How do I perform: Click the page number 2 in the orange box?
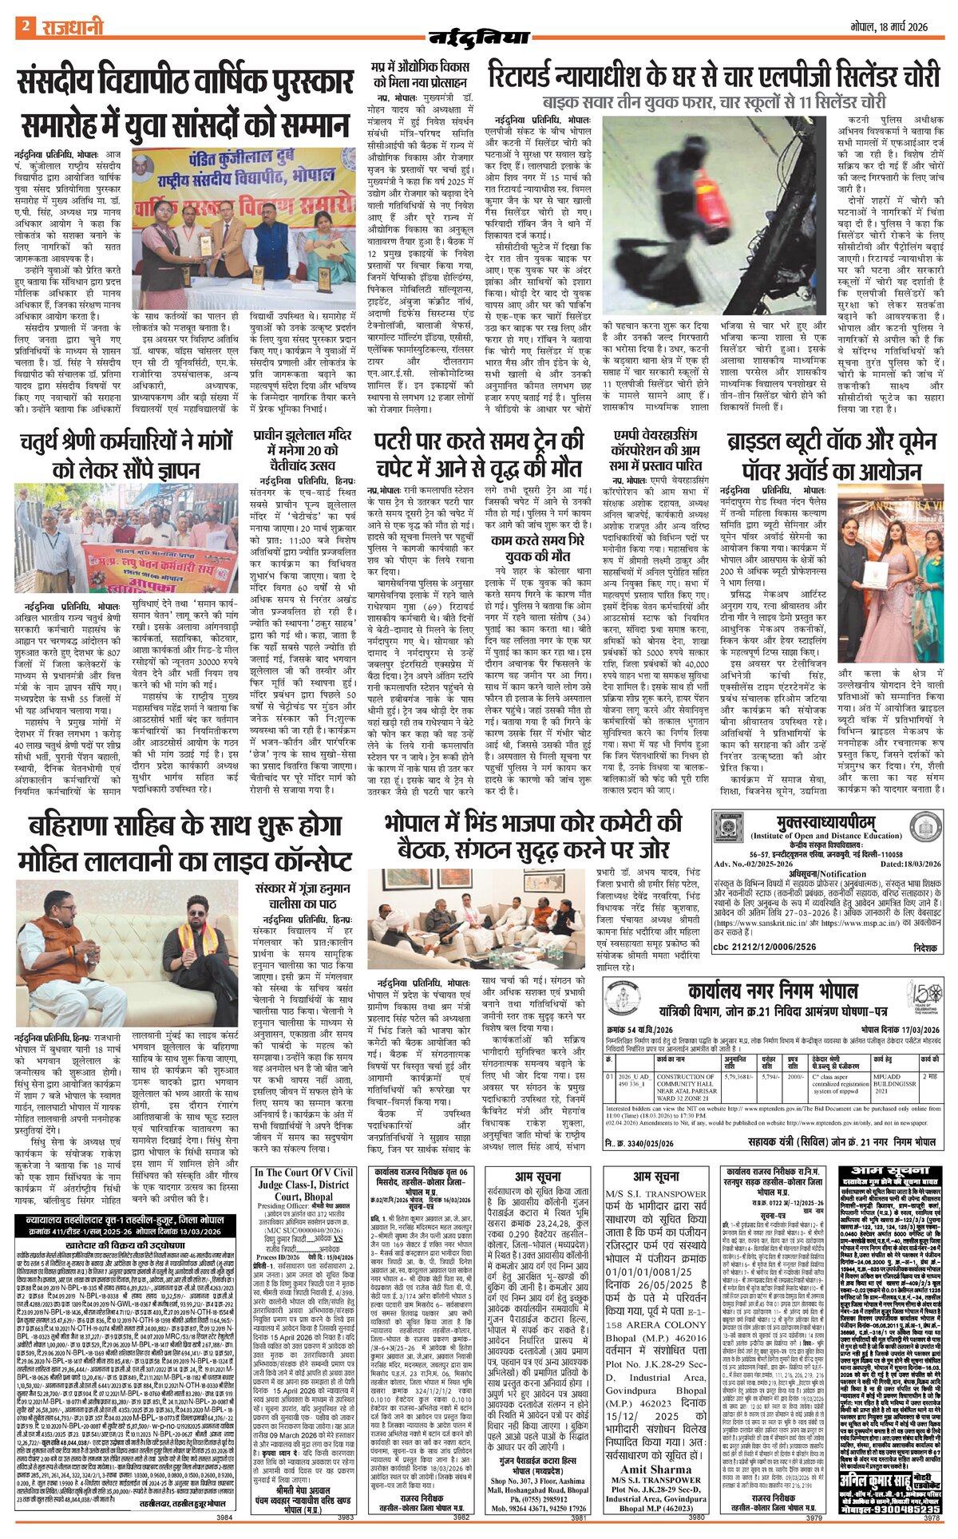click(25, 26)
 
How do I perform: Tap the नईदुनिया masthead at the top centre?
click(479, 37)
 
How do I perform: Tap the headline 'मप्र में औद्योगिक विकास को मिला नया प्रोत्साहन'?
click(420, 74)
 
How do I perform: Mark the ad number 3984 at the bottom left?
click(224, 1517)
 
